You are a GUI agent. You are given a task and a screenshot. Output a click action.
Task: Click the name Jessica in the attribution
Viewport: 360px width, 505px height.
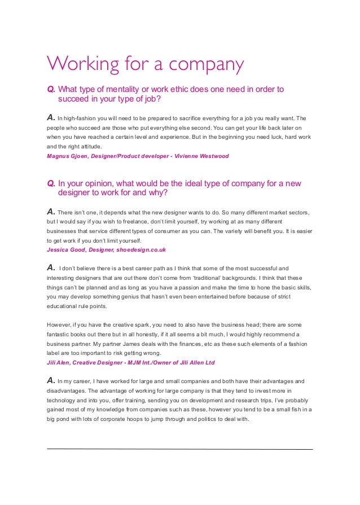pos(60,249)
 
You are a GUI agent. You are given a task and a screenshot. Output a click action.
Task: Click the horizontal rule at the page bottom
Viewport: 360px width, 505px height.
pos(179,449)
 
